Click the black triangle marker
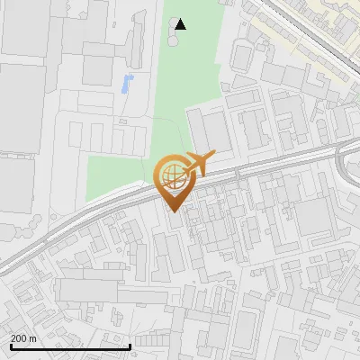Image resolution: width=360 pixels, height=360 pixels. [x=181, y=24]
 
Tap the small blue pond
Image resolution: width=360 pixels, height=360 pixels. [x=125, y=85]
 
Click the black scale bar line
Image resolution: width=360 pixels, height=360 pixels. [x=70, y=346]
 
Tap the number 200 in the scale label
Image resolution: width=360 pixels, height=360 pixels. [x=19, y=337]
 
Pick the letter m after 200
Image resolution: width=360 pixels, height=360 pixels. [x=32, y=337]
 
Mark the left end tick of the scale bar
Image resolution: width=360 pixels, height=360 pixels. [x=10, y=346]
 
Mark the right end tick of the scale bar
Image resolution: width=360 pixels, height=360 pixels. [x=130, y=346]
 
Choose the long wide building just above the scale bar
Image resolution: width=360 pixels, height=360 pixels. [x=99, y=290]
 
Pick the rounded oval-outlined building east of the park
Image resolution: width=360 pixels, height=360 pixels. [x=241, y=57]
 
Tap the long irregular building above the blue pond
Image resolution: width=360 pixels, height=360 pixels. [x=135, y=40]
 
